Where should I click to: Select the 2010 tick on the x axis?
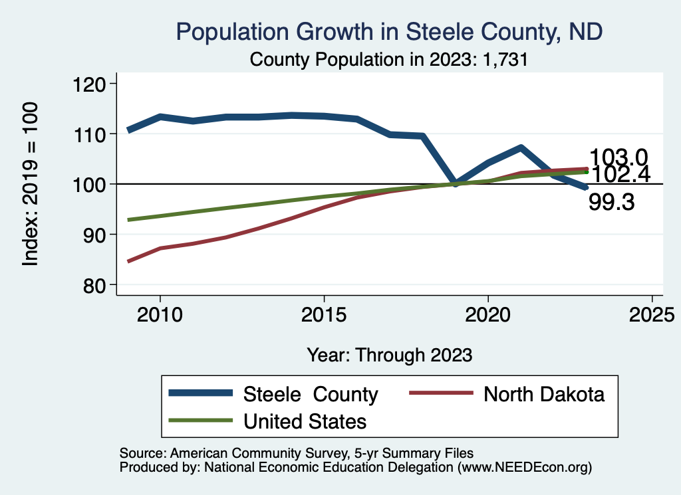click(160, 314)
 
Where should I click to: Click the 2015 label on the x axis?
click(324, 314)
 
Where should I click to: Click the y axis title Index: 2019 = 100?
click(30, 184)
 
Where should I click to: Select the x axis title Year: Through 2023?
click(389, 355)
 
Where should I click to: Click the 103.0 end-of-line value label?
click(618, 157)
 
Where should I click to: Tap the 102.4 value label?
click(620, 175)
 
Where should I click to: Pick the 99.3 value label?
click(611, 201)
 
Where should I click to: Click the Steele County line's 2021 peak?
click(521, 147)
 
